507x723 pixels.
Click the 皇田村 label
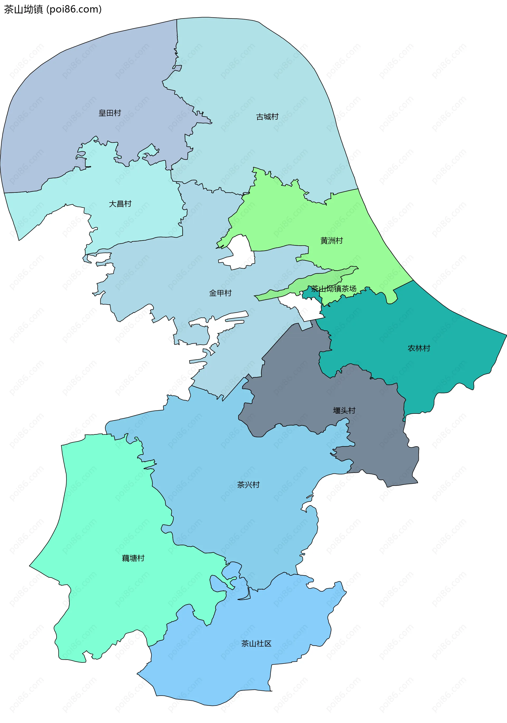[x=110, y=113]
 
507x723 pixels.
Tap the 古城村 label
[x=267, y=117]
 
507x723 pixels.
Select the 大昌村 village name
[x=120, y=204]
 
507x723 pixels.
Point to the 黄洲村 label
[x=331, y=241]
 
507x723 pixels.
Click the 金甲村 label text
[x=220, y=293]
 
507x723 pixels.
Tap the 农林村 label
[x=419, y=348]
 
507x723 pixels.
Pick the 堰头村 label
[x=344, y=411]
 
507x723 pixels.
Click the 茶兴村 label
[x=248, y=485]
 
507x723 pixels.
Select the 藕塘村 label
[x=133, y=558]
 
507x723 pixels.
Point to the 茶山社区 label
[x=256, y=644]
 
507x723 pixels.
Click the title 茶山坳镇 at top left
[x=23, y=10]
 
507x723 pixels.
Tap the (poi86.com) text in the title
[x=74, y=10]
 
